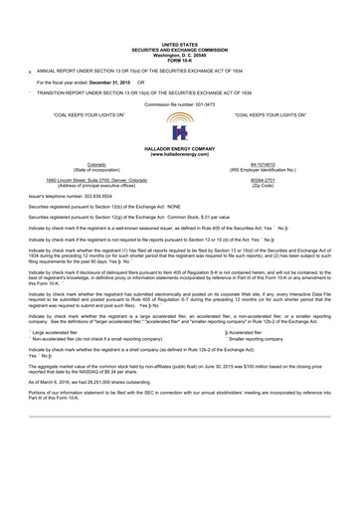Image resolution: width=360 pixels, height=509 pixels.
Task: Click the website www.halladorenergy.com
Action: click(180, 155)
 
